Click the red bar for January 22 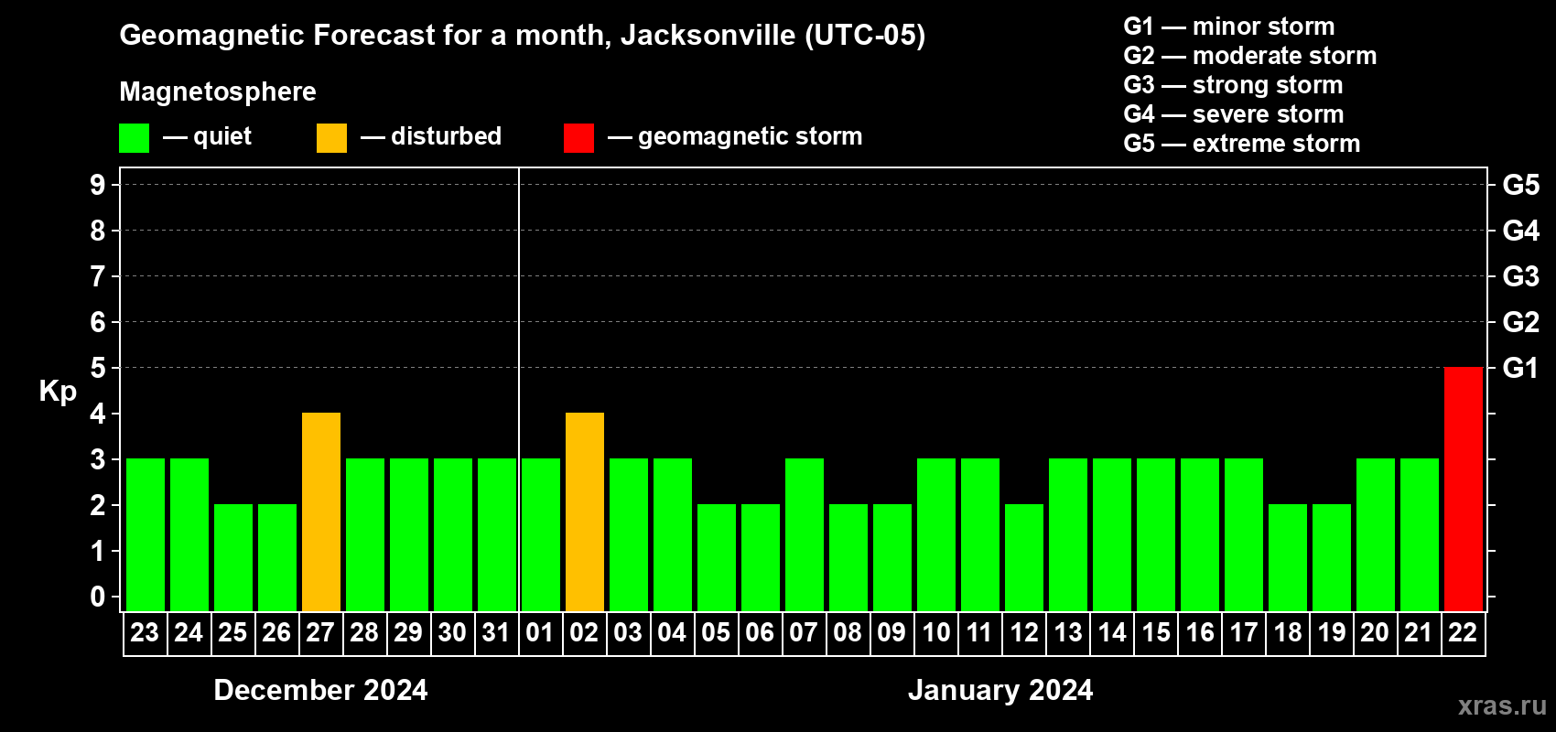1463,489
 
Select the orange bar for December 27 321,511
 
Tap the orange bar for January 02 585,511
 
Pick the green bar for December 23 146,534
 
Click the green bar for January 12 1024,557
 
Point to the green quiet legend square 134,138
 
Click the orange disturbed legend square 331,138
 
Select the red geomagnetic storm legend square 578,138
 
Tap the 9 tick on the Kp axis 98,185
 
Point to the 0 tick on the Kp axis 98,597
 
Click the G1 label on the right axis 1520,368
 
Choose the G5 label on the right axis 1520,185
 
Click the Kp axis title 58,391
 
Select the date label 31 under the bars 496,632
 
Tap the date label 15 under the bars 1156,632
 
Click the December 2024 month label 320,690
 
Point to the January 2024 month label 1000,690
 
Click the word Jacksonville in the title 708,36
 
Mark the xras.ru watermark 1502,705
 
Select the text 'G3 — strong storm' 1233,85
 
